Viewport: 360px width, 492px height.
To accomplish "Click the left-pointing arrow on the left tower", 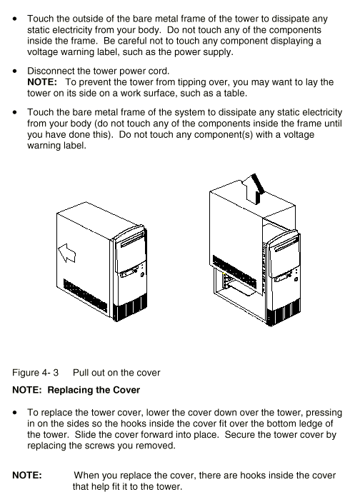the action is [x=67, y=253].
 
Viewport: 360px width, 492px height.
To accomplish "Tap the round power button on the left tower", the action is [x=142, y=274].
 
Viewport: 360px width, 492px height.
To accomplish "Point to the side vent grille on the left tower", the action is [x=86, y=296].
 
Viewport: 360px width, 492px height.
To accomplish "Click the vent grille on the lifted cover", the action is [x=234, y=272].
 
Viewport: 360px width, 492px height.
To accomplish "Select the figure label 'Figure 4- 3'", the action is [x=35, y=373].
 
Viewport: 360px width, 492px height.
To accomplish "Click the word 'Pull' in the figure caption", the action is [x=81, y=373].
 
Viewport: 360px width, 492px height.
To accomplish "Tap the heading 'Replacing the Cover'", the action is [x=94, y=390].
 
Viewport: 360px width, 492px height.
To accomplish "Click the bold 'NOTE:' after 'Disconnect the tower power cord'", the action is [x=42, y=82].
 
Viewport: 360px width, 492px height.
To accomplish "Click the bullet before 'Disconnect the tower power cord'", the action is [x=15, y=71].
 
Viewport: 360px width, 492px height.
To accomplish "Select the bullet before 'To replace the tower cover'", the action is [x=15, y=413].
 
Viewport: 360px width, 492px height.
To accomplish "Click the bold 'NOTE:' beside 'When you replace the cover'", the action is [x=27, y=475].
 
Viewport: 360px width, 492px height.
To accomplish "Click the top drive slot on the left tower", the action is [x=132, y=240].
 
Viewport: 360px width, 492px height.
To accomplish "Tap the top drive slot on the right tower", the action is [x=286, y=244].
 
